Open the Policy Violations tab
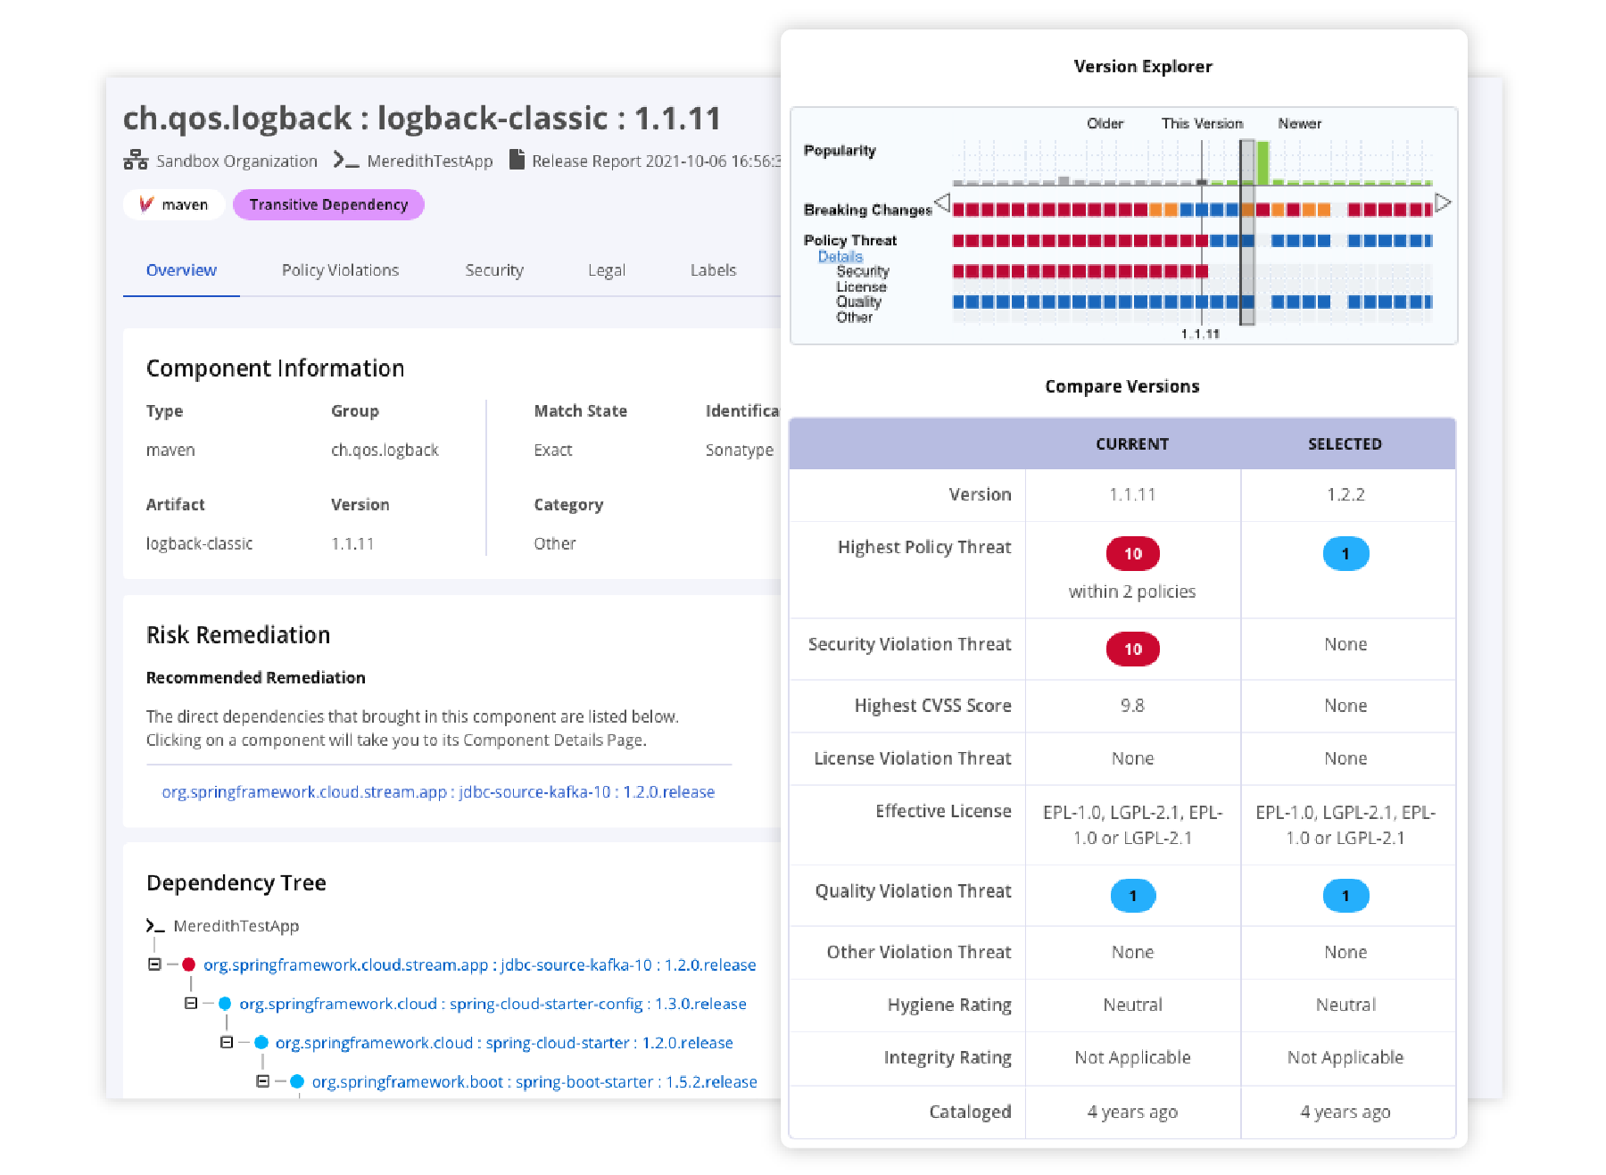click(340, 270)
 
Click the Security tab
click(493, 270)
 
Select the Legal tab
click(606, 270)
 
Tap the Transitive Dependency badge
click(328, 204)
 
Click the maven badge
click(174, 204)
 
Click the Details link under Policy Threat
click(840, 256)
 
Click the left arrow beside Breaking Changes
click(941, 203)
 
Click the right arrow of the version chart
click(1443, 203)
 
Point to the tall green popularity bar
click(1262, 163)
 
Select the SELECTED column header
click(1345, 443)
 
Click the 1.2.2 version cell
click(1345, 494)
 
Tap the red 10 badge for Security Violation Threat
click(1132, 649)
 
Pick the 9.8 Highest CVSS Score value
click(1132, 706)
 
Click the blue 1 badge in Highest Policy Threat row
click(1345, 554)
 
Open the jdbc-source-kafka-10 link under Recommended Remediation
click(438, 791)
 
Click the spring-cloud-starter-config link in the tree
click(493, 1004)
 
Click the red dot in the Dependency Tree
click(188, 964)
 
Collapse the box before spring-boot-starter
click(262, 1081)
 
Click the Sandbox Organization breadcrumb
click(236, 161)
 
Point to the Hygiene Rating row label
click(948, 1005)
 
